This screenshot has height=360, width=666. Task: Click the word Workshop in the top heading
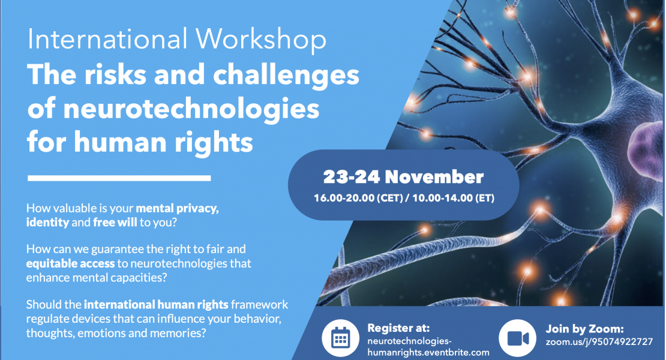[x=261, y=39]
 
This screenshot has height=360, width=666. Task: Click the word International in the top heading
[x=107, y=39]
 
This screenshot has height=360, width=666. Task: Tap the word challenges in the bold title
[x=286, y=75]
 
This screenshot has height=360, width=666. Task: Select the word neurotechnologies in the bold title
[x=191, y=109]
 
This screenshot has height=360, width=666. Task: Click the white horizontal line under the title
[x=119, y=178]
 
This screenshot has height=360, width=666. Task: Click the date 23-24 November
[x=404, y=177]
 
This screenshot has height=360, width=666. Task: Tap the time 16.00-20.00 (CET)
[x=358, y=198]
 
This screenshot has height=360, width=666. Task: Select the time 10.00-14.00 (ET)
[x=453, y=198]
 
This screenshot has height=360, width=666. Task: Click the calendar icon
[x=340, y=338]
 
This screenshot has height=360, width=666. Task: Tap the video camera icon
[x=517, y=338]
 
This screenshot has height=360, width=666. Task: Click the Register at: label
[x=398, y=328]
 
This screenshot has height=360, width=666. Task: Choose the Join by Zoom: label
[x=585, y=329]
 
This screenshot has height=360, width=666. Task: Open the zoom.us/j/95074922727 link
[x=599, y=342]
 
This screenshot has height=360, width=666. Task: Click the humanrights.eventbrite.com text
[x=428, y=352]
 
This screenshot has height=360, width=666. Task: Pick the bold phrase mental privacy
[x=177, y=208]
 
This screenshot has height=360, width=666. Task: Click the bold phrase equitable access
[x=71, y=263]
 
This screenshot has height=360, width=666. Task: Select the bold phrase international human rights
[x=157, y=305]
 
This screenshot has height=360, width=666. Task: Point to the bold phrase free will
[x=115, y=223]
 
